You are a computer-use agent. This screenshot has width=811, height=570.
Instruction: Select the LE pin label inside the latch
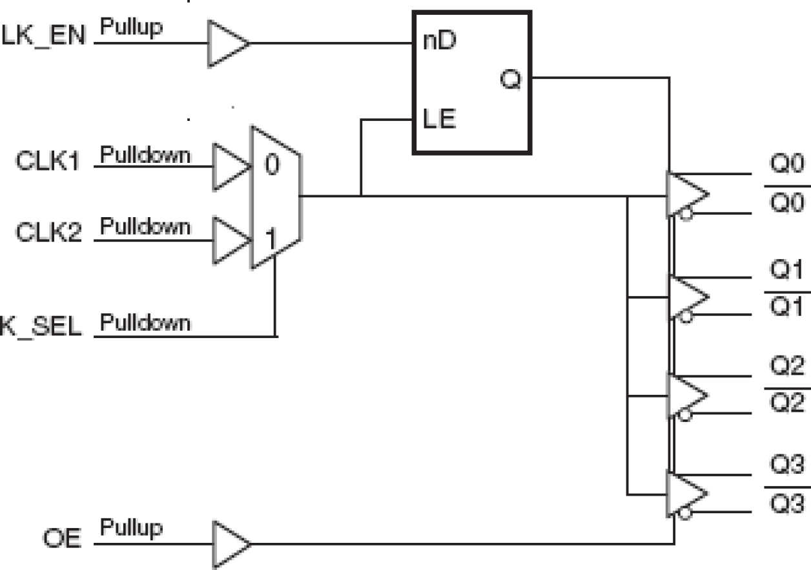439,119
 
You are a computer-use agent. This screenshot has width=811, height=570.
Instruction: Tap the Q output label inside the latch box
509,81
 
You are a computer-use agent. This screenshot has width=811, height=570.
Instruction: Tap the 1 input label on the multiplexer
271,240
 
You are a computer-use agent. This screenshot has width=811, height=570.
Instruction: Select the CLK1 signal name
49,162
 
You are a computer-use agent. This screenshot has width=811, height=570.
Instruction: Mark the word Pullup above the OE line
131,528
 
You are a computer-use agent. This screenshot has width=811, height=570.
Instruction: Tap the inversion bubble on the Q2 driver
686,416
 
